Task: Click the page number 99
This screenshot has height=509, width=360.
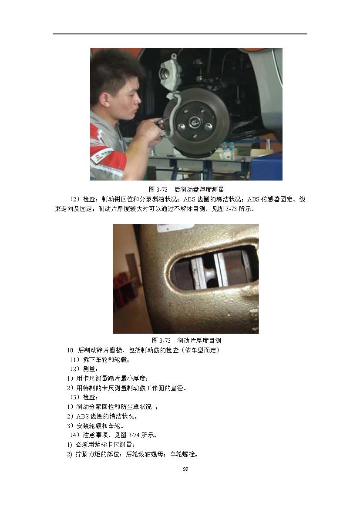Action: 185,469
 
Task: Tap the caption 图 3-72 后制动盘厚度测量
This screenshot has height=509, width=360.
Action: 186,190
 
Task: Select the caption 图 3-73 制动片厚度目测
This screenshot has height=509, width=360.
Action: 186,341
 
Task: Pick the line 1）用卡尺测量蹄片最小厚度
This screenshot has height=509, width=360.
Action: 108,378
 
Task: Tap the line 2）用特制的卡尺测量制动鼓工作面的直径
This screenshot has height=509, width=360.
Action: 127,388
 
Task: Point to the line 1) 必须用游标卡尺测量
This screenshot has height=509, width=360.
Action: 101,445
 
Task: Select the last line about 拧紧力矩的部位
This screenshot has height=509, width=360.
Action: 132,454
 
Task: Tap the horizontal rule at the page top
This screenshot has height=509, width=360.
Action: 180,34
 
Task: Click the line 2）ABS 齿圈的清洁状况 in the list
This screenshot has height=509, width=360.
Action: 102,416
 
